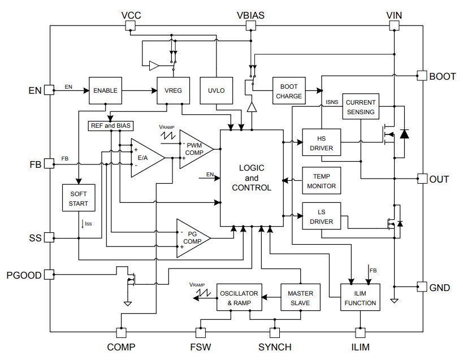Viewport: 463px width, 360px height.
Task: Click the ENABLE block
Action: click(x=105, y=90)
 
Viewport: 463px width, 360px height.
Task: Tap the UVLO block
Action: click(x=217, y=90)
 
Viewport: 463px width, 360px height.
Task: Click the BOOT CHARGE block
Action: click(x=289, y=90)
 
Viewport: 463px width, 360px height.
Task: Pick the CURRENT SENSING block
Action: click(x=360, y=107)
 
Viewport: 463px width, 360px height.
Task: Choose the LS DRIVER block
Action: click(x=322, y=216)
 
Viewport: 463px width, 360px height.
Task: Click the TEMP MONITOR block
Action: click(x=322, y=180)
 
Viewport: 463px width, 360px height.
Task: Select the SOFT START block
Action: click(x=79, y=198)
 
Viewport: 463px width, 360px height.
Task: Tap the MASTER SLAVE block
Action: click(x=300, y=297)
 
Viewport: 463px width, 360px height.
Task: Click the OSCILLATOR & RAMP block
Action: click(x=240, y=297)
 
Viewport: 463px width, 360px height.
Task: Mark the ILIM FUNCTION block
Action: click(x=360, y=297)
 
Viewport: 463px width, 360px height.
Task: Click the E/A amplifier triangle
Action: click(x=144, y=158)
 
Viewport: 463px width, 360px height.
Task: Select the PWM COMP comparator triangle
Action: click(x=194, y=149)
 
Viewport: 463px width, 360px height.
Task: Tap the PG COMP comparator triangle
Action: click(x=191, y=237)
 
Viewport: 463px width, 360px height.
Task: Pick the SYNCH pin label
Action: click(x=275, y=347)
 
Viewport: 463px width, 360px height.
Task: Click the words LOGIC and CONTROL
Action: click(x=251, y=177)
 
